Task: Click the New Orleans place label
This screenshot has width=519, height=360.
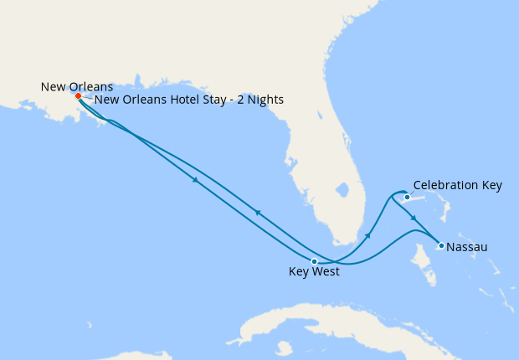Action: pos(77,86)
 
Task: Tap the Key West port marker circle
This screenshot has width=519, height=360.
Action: pos(314,261)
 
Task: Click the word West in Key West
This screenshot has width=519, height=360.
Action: pos(326,272)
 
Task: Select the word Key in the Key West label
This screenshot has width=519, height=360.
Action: pos(300,272)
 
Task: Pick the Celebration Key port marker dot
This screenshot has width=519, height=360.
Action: pos(408,198)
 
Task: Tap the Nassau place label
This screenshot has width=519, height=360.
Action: pos(467,247)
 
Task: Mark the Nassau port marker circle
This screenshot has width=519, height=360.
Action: pos(441,245)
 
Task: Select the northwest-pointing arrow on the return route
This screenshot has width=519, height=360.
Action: pos(257,213)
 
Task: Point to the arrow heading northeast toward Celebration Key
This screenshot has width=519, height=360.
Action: pos(368,235)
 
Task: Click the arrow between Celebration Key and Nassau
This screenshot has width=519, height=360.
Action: pos(414,219)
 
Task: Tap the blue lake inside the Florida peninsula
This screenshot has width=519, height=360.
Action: pos(341,189)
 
